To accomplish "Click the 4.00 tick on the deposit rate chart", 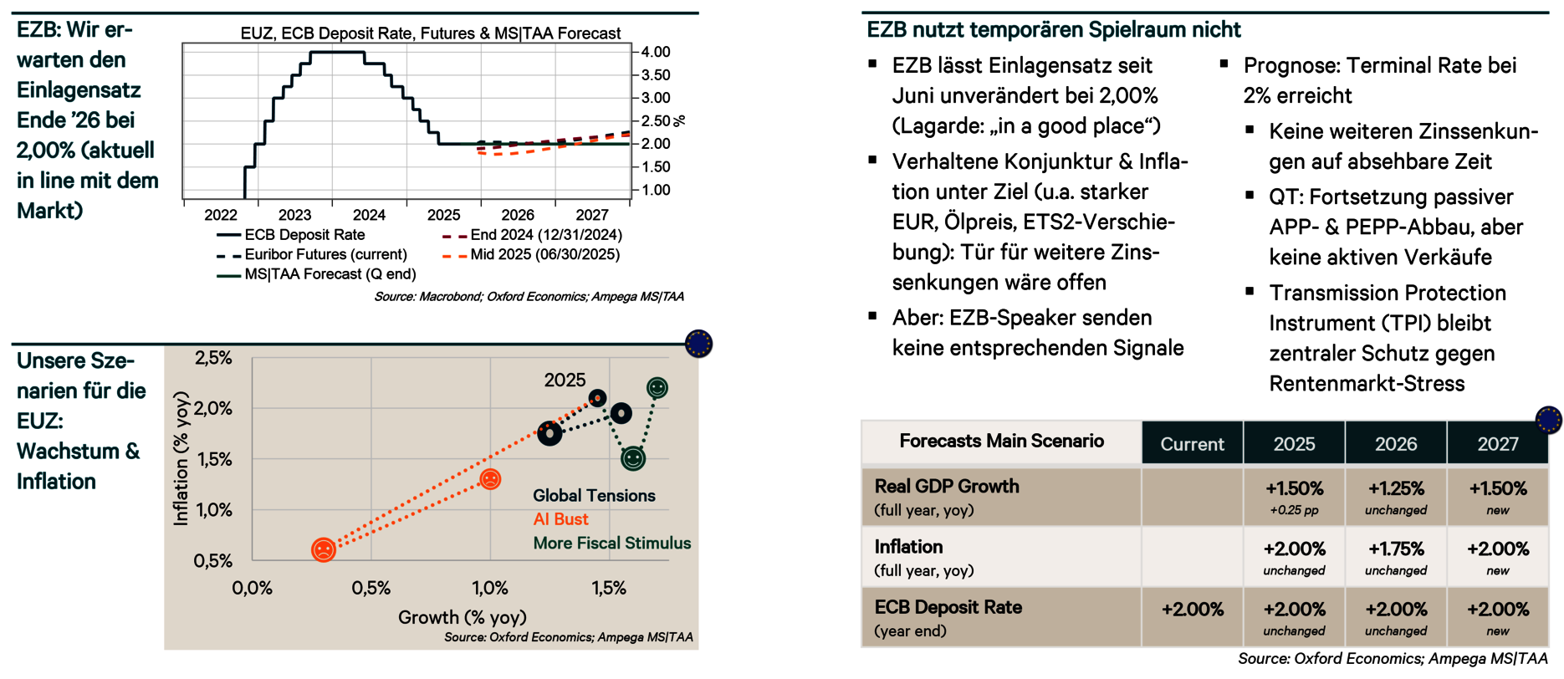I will pos(656,52).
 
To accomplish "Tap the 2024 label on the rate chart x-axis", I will pos(369,215).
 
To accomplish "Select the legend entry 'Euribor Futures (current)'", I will pos(325,254).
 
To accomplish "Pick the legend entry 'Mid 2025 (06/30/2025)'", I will pos(544,254).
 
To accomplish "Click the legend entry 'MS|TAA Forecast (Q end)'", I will pos(330,274).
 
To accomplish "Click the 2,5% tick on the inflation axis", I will pos(213,358).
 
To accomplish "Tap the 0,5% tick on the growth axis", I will pos(371,588).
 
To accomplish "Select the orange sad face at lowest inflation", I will pos(324,549).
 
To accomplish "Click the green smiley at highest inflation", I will pos(657,388).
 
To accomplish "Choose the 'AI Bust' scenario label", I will pos(560,519).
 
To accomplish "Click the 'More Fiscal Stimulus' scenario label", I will pos(611,544).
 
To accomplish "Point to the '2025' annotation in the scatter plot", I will pos(565,380).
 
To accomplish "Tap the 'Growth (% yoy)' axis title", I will pos(462,617).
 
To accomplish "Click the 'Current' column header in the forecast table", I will pos(1192,444).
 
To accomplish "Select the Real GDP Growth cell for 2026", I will pos(1396,489).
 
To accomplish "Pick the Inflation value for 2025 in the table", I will pos(1294,549).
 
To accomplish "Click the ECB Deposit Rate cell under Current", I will pos(1192,610).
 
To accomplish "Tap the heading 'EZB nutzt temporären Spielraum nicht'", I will pos(1053,30).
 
